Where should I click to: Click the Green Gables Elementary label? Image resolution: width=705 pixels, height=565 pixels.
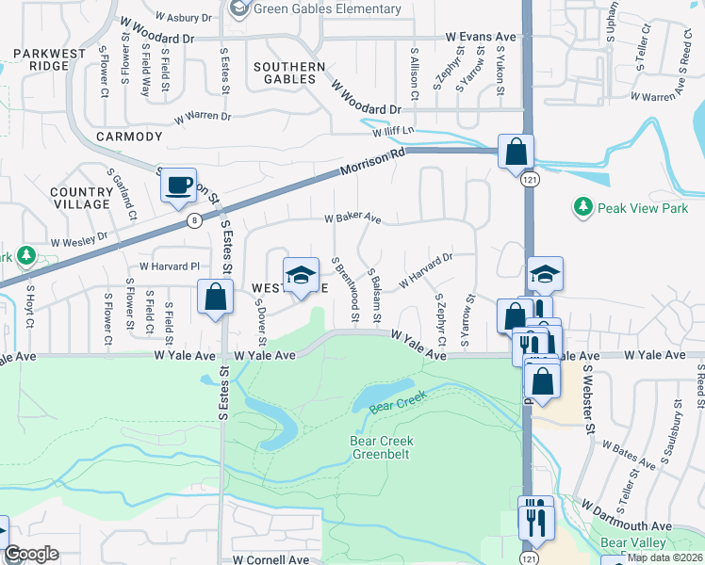coord(328,9)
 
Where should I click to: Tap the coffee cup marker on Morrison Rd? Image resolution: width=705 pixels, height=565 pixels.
coord(177,184)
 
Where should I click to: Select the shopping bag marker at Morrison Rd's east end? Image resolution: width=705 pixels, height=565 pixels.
coord(516,152)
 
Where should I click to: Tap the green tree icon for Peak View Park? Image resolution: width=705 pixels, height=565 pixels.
coord(583,205)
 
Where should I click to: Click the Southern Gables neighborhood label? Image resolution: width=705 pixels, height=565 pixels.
coord(289,73)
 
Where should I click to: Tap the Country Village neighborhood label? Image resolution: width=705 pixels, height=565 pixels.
coord(82,198)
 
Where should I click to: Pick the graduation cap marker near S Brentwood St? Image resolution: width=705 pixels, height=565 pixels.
coord(301,275)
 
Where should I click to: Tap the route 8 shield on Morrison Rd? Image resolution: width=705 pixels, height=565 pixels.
coord(195,220)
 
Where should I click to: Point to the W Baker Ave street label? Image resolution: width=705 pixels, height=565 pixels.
coord(352,218)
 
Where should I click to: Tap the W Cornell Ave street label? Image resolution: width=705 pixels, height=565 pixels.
coord(275,558)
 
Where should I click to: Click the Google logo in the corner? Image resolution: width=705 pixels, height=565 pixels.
coord(32,554)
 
